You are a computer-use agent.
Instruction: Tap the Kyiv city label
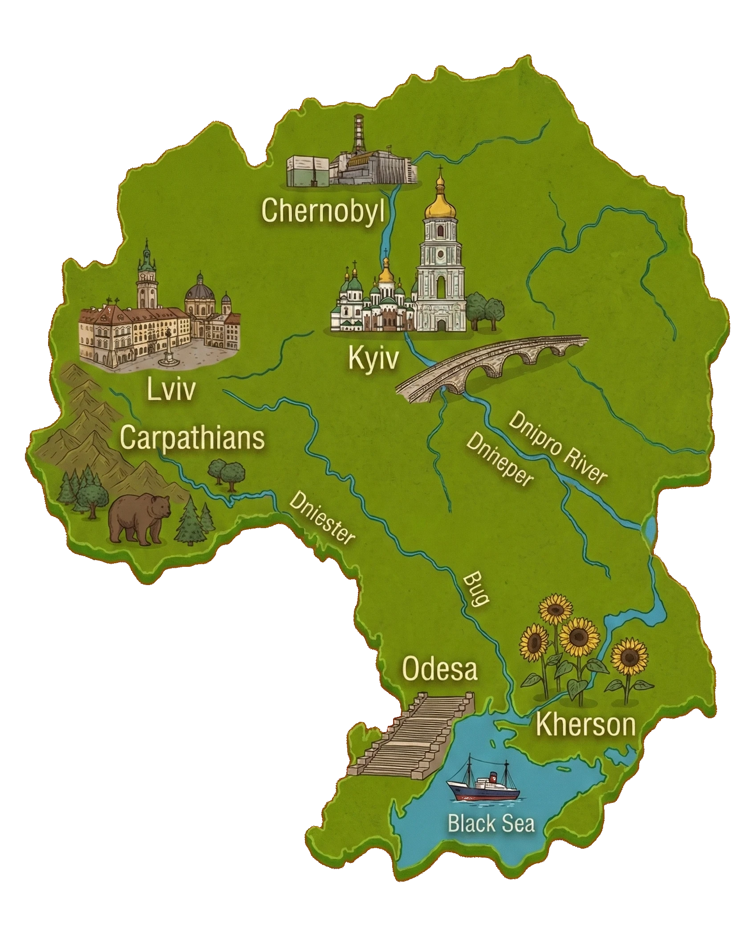373,359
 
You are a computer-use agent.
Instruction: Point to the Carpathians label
192,438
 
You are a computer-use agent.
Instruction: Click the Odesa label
439,669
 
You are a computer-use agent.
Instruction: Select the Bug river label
476,590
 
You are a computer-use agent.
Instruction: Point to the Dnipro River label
557,448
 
